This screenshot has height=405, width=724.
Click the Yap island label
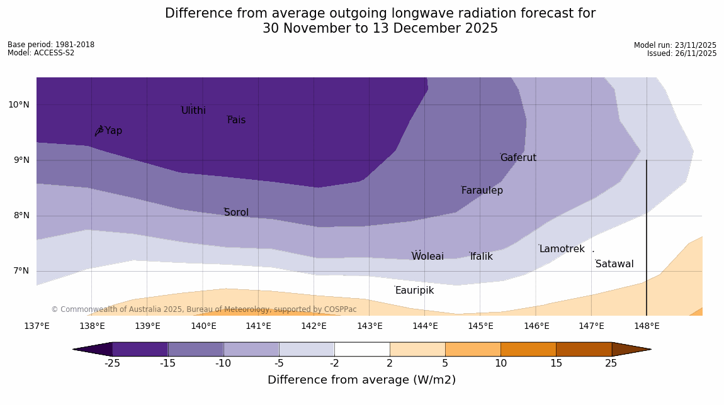tap(113, 131)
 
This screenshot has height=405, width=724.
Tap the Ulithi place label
tap(193, 111)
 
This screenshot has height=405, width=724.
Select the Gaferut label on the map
tap(518, 158)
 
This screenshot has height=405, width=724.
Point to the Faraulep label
tap(482, 191)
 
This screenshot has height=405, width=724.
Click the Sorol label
tap(236, 213)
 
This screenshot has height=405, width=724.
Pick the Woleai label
tap(427, 257)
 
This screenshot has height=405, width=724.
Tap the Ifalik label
tap(481, 257)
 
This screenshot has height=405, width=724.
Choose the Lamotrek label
tap(562, 249)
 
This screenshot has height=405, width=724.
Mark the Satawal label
tap(614, 264)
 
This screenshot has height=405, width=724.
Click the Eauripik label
tap(414, 291)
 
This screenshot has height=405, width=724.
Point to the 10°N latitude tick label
tap(18, 105)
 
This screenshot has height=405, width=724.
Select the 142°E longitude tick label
tap(314, 326)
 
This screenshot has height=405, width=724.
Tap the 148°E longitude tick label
tap(647, 326)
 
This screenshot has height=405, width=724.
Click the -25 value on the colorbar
tap(112, 363)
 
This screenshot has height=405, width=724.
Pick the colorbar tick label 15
tap(556, 363)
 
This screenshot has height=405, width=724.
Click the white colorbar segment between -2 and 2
tap(362, 349)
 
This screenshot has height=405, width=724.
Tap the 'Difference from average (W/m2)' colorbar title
tap(361, 380)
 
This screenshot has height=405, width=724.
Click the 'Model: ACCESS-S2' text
tap(41, 53)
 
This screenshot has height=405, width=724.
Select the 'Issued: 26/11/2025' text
tap(682, 53)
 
